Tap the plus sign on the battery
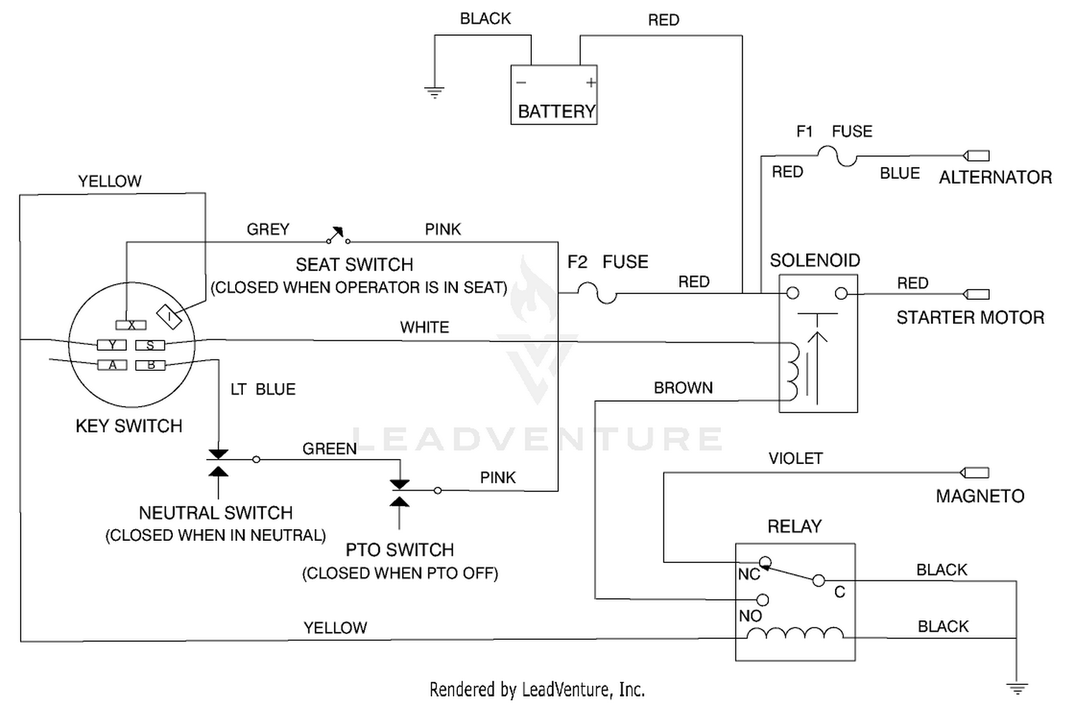click(x=591, y=82)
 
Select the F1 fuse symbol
click(x=837, y=156)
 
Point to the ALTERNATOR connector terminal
click(x=976, y=156)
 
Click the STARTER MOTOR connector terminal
click(x=976, y=294)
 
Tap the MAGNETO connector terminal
click(x=974, y=473)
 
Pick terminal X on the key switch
click(x=131, y=325)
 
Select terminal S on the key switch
click(x=150, y=345)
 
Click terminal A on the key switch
click(x=113, y=365)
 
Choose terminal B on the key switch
click(x=150, y=366)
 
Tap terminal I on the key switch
click(x=169, y=316)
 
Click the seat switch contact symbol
click(x=338, y=235)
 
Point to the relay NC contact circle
click(x=765, y=562)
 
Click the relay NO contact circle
click(x=763, y=600)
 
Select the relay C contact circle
click(x=818, y=581)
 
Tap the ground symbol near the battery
click(x=434, y=92)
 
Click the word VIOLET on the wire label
click(x=795, y=458)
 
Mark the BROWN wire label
click(x=684, y=388)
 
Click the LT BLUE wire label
click(x=263, y=389)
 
